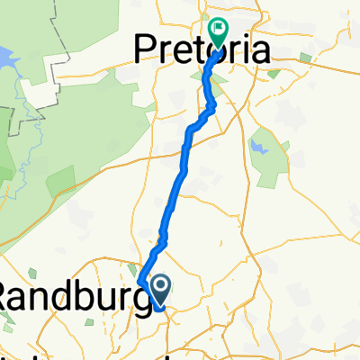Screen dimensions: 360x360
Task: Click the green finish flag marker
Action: (x=218, y=31)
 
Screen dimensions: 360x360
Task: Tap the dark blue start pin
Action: (x=160, y=289)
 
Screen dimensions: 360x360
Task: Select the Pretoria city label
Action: (x=202, y=49)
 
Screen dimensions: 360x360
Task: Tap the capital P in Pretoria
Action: (x=147, y=49)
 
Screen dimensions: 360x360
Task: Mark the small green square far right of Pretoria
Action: (x=307, y=59)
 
